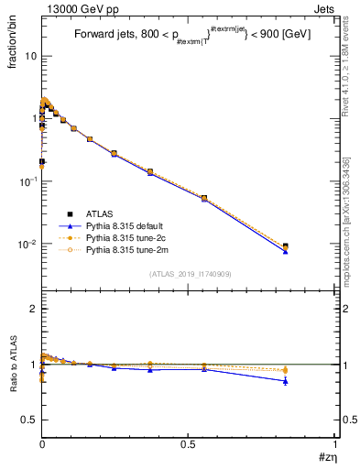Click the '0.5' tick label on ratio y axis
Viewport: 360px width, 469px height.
tap(28, 420)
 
